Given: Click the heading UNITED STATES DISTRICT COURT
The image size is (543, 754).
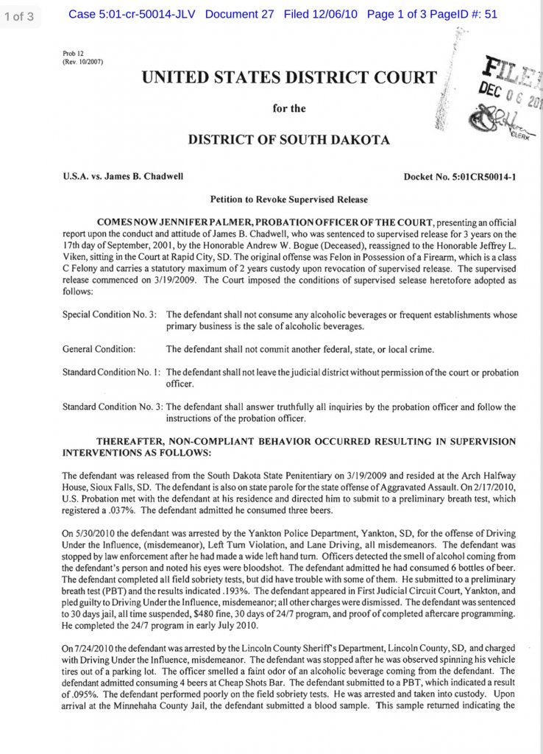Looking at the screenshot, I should [x=289, y=77].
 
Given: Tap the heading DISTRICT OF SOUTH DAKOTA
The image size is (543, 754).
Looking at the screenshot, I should [x=289, y=139].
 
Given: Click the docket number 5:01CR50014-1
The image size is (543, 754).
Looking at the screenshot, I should [x=460, y=177].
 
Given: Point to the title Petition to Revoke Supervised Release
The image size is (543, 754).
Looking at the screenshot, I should [x=289, y=200].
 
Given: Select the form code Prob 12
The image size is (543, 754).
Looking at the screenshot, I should [x=73, y=54].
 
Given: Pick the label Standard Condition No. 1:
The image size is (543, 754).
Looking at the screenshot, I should [x=111, y=373].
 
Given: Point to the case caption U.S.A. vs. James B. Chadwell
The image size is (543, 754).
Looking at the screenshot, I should [x=123, y=177].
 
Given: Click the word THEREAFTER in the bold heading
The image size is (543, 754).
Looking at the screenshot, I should [x=139, y=440].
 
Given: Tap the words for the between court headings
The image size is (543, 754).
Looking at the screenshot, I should [x=289, y=108].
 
